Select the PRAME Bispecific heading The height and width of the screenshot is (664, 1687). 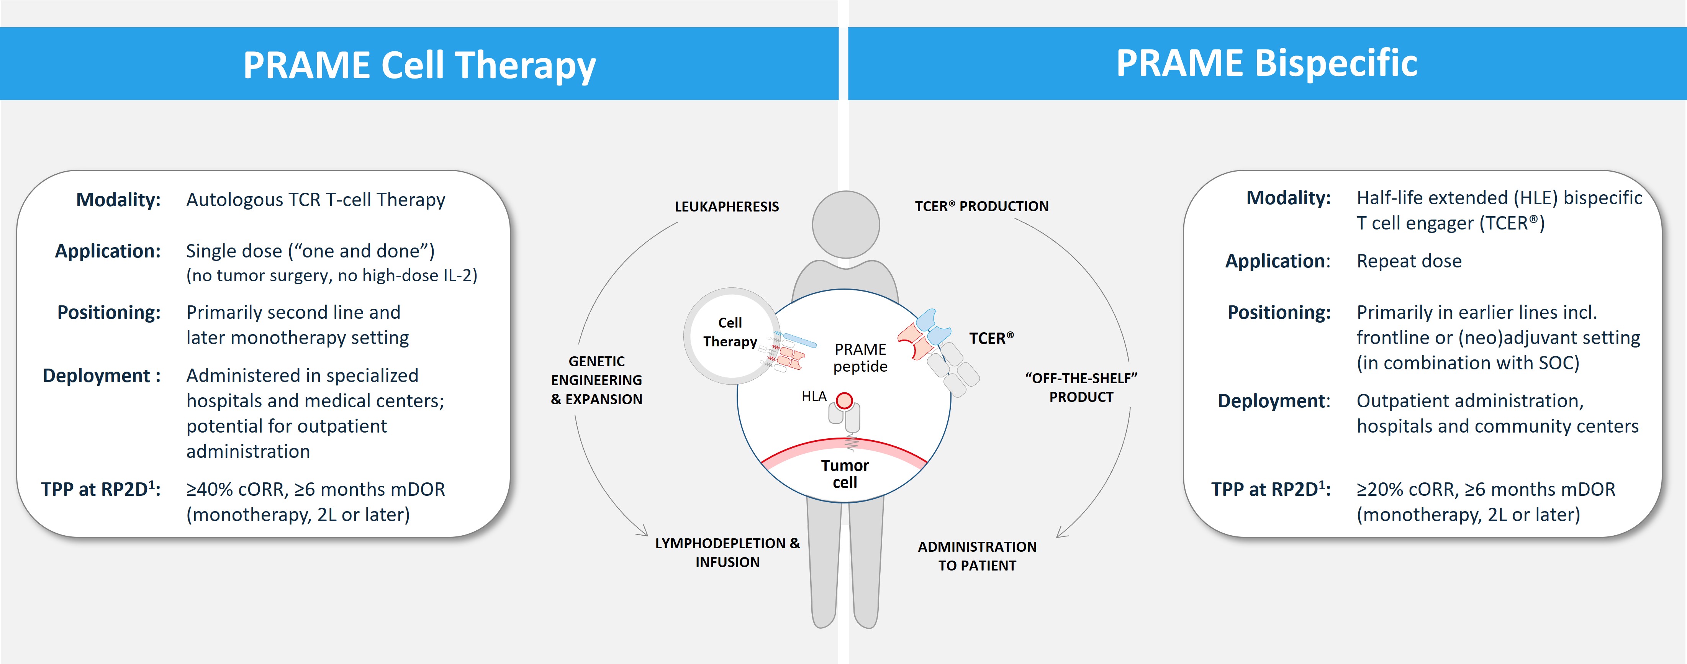(x=1266, y=64)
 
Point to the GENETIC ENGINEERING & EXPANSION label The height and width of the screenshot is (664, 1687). (x=596, y=380)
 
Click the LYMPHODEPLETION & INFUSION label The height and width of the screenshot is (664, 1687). (x=727, y=552)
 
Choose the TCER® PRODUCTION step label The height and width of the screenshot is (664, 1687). (x=981, y=206)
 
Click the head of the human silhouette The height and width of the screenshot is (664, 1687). (x=845, y=225)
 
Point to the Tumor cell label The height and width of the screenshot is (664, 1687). (x=845, y=474)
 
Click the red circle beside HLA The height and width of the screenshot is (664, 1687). (x=845, y=401)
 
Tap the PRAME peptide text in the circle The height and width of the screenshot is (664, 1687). (x=860, y=357)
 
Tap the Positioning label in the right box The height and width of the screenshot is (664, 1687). (x=1278, y=312)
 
